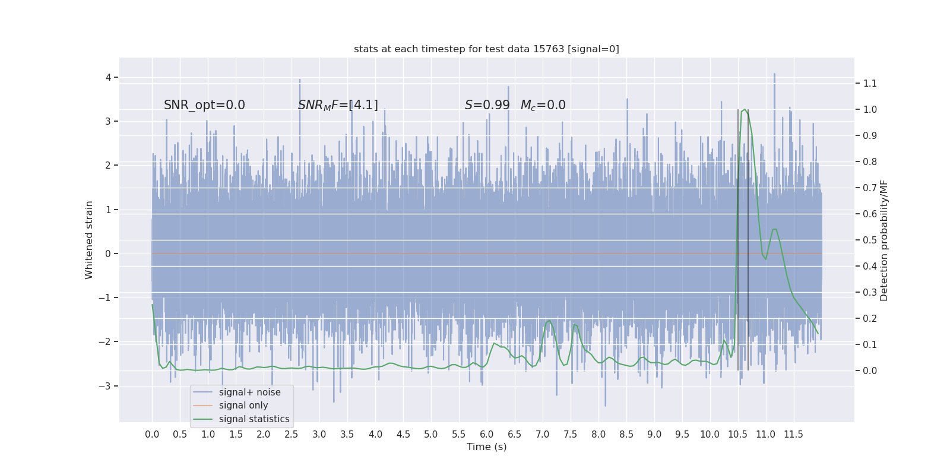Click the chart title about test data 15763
pyautogui.click(x=486, y=49)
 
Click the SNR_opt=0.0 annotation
pyautogui.click(x=204, y=105)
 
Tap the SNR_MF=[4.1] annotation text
pyautogui.click(x=338, y=105)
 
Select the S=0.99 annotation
pyautogui.click(x=487, y=105)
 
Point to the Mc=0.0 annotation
pyautogui.click(x=543, y=105)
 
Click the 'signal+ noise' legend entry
pyautogui.click(x=249, y=392)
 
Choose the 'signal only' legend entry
pyautogui.click(x=243, y=406)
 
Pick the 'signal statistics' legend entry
pyautogui.click(x=254, y=419)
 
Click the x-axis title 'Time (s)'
pyautogui.click(x=486, y=447)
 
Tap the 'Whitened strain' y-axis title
pyautogui.click(x=89, y=240)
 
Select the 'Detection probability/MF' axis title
pyautogui.click(x=884, y=240)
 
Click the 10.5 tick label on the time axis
pyautogui.click(x=737, y=435)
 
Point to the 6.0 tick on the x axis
pyautogui.click(x=486, y=435)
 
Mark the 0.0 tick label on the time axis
pyautogui.click(x=152, y=435)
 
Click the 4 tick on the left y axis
pyautogui.click(x=109, y=77)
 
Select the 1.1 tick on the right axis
pyautogui.click(x=870, y=83)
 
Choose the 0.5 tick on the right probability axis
pyautogui.click(x=870, y=240)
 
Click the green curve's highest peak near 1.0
pyautogui.click(x=745, y=110)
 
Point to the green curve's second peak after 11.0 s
pyautogui.click(x=775, y=229)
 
